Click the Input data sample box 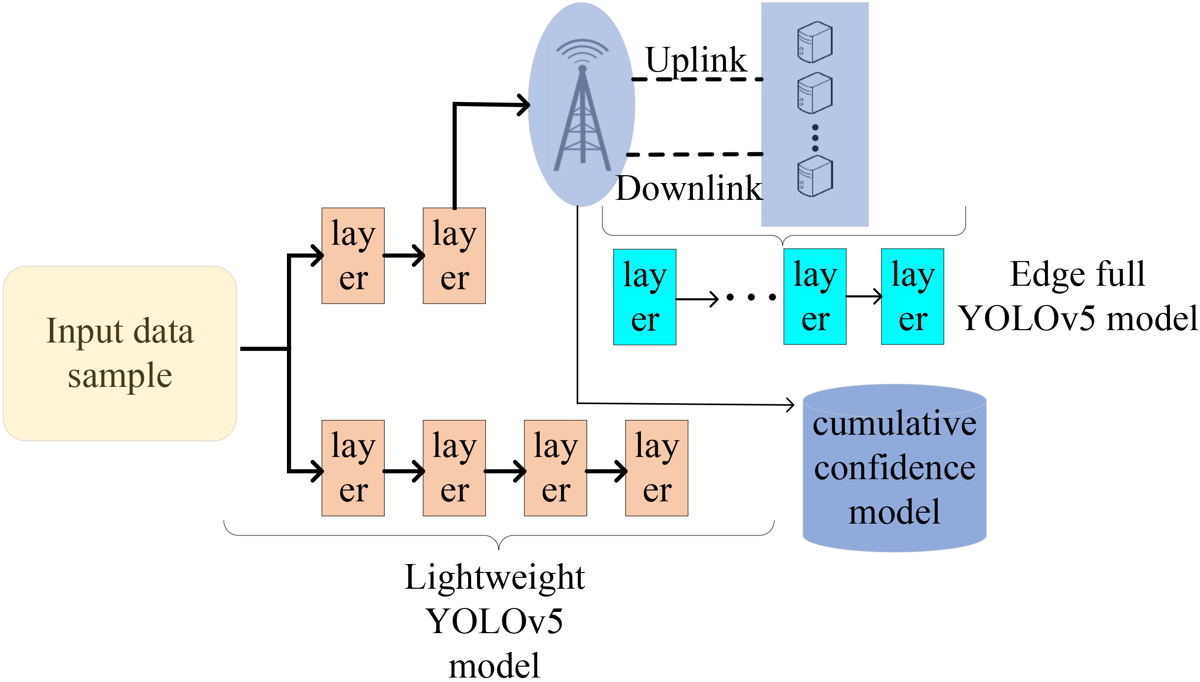point(120,353)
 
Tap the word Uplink point(696,60)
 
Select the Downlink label point(689,189)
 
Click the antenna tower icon point(583,118)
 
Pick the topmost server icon point(815,42)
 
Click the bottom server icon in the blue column point(815,176)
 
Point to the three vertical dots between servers point(815,138)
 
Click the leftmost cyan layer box point(644,297)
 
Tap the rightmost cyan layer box point(912,297)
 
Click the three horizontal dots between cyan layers point(751,297)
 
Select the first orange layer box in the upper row point(353,256)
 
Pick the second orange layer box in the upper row point(454,256)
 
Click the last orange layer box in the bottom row point(656,468)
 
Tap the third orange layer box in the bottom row point(555,468)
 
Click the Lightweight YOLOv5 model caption point(494,621)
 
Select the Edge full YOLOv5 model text point(1078,296)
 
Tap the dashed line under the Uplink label point(697,79)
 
